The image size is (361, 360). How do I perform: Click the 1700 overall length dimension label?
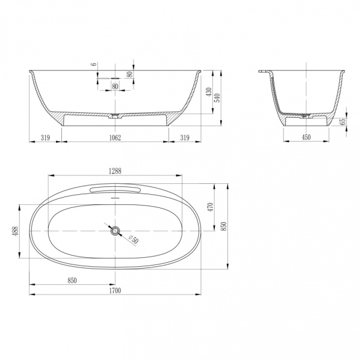[115, 290]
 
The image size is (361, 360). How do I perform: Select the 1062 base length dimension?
[115, 138]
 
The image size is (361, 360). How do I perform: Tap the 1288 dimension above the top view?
[115, 171]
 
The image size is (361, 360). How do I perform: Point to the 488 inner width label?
[16, 231]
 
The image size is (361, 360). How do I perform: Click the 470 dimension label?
[211, 207]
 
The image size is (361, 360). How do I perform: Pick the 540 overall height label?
[217, 98]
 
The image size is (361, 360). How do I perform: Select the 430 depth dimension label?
[209, 92]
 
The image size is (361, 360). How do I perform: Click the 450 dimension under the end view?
[306, 138]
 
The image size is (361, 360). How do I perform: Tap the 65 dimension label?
[343, 121]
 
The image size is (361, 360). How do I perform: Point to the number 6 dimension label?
[94, 64]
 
